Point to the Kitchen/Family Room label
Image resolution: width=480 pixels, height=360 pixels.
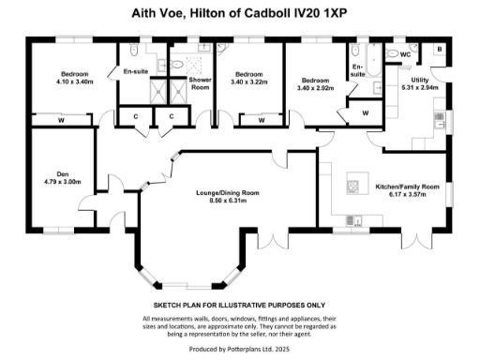click(x=407, y=187)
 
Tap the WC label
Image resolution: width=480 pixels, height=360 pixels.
click(x=405, y=54)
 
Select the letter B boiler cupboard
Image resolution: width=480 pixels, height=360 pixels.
click(x=439, y=50)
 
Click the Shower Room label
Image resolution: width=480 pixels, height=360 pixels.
click(x=199, y=83)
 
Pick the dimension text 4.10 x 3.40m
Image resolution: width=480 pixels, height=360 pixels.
click(x=74, y=82)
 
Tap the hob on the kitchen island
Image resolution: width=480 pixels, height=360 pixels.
click(x=353, y=184)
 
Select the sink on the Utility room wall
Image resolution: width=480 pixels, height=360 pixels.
click(x=438, y=118)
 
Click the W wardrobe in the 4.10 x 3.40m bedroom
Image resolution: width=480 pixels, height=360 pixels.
click(x=61, y=120)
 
